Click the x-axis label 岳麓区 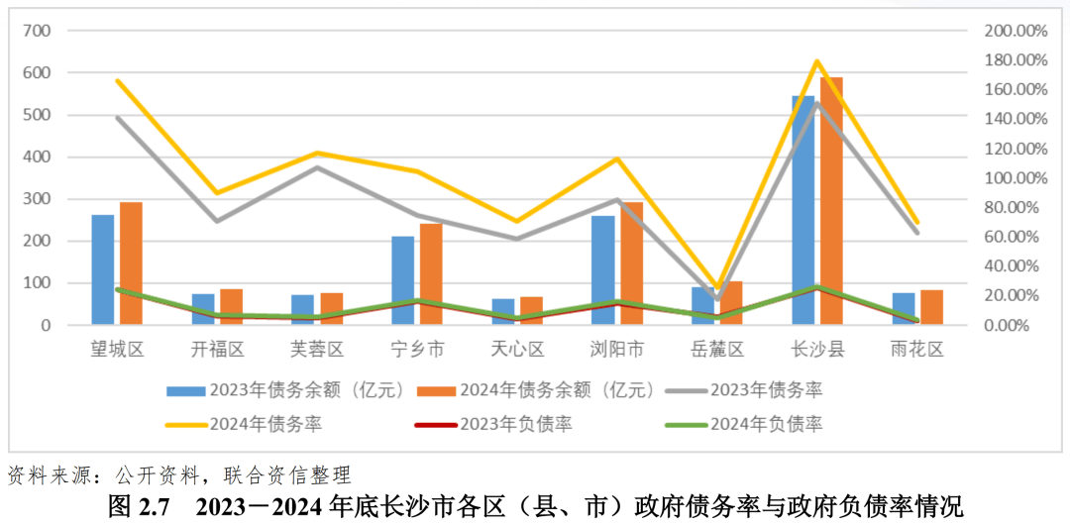[x=716, y=349]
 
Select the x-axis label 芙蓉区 [x=317, y=349]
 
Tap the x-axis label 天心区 [x=517, y=349]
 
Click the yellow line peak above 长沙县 [x=817, y=61]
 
